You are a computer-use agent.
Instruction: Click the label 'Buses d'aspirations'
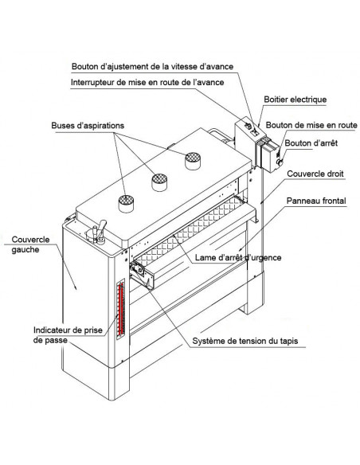(88, 126)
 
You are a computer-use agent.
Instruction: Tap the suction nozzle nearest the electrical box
(193, 161)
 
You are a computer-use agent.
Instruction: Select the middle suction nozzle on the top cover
(159, 182)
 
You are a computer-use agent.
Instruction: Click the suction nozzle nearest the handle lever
(126, 204)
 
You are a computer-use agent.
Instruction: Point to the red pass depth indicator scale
(121, 309)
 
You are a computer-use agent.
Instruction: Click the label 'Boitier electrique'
(295, 100)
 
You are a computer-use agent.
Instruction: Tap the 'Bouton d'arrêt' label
(311, 143)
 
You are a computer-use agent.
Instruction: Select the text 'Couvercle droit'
(315, 174)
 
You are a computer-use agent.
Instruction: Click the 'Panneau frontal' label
(316, 201)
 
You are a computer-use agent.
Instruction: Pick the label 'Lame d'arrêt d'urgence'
(238, 257)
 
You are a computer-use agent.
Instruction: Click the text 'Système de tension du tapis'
(245, 341)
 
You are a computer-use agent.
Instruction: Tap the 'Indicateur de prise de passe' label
(68, 334)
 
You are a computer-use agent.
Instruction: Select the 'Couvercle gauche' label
(30, 244)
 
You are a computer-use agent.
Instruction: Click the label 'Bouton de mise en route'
(311, 125)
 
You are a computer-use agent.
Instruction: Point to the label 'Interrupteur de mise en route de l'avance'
(147, 83)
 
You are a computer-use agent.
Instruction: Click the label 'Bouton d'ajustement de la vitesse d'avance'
(152, 66)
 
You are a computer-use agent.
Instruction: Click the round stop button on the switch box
(279, 162)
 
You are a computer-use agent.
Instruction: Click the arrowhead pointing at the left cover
(76, 287)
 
